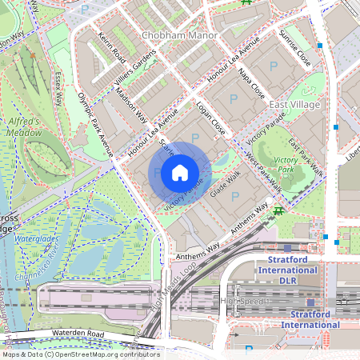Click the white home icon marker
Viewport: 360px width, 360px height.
point(180,173)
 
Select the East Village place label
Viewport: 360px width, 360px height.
point(294,105)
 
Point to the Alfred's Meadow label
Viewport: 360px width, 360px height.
point(25,126)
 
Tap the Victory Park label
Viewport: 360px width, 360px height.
point(286,166)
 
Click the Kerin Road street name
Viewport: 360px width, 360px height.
point(110,50)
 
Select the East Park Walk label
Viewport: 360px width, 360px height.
point(306,156)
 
